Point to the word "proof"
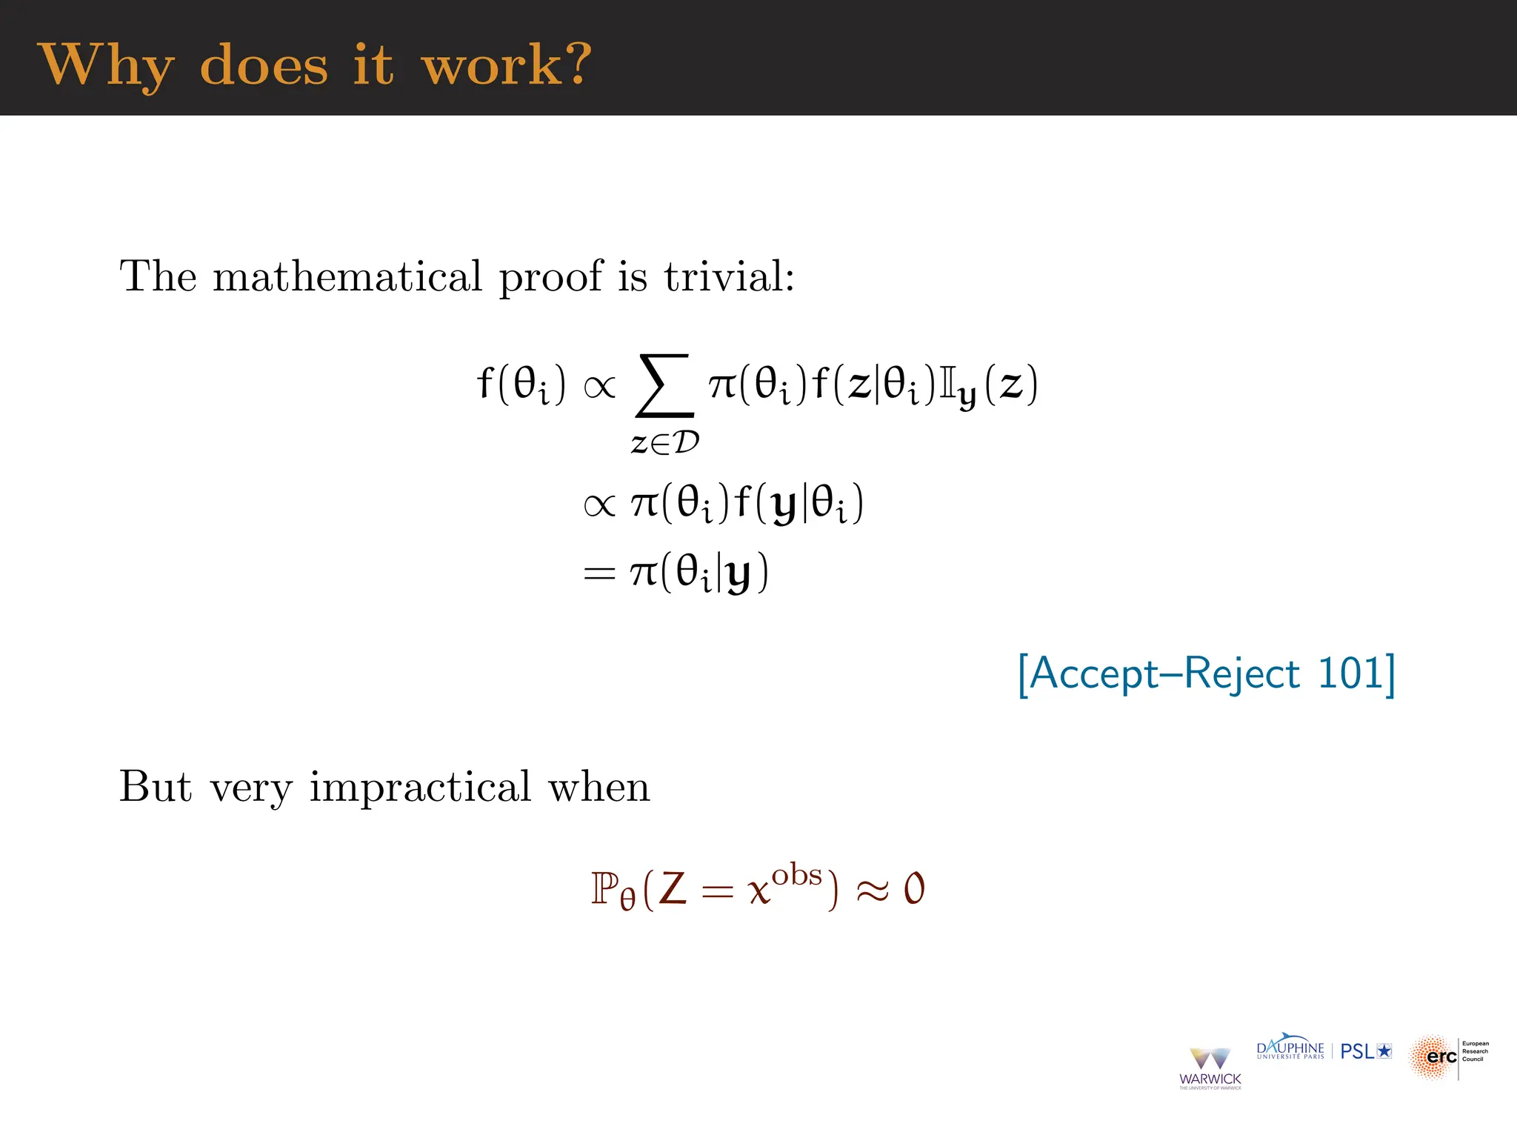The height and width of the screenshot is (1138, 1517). (550, 278)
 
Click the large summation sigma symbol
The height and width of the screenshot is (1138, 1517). (664, 386)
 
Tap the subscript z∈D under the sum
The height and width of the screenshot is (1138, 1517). (664, 443)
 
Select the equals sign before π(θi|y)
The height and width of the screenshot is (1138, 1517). (599, 573)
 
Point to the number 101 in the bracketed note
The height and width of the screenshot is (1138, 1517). (1351, 673)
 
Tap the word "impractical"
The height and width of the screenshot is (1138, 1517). (420, 787)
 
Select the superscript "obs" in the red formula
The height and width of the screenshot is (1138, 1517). (797, 876)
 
